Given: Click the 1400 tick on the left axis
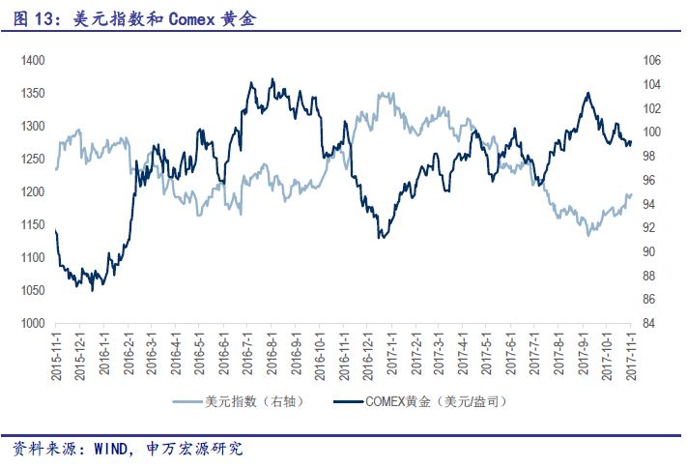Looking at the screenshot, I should tap(33, 60).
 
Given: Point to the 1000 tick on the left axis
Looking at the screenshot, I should tap(33, 323).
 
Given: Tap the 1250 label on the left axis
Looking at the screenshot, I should tap(33, 159).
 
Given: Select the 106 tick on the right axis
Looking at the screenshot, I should tap(651, 60).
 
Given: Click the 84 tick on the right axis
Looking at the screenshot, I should tap(649, 323).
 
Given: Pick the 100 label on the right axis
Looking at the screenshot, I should tap(651, 132).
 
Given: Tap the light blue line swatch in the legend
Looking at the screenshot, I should tap(187, 400).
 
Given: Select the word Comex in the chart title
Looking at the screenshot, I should tap(190, 18).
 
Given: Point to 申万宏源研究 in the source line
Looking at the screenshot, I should tap(194, 450).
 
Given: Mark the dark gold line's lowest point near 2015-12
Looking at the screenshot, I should tap(92, 290).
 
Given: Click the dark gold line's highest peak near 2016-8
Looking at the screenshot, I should tap(272, 79).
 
